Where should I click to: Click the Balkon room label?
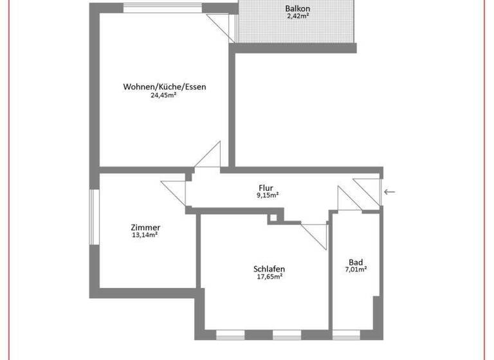tap(297, 8)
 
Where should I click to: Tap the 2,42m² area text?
tap(297, 16)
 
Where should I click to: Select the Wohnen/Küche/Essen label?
tap(165, 87)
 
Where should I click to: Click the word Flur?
tap(267, 188)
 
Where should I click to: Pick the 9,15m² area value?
tap(267, 195)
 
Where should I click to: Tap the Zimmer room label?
tap(145, 228)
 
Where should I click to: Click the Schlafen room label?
tap(269, 269)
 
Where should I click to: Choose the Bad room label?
tap(356, 262)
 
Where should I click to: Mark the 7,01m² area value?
tap(356, 269)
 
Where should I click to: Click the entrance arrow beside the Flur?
tap(390, 192)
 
